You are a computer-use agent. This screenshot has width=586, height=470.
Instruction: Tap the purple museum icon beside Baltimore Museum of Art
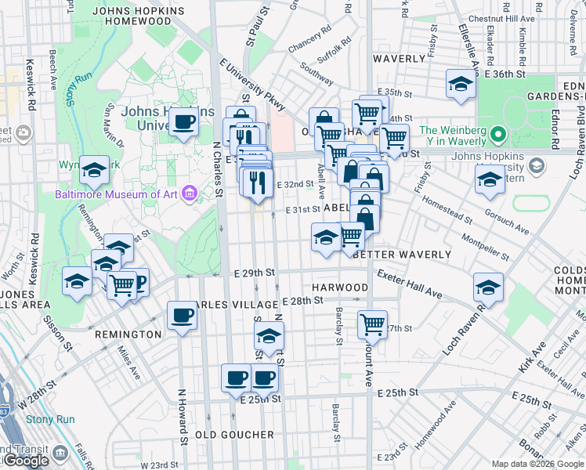click(x=189, y=193)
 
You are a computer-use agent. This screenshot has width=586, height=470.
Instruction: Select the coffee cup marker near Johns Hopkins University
click(x=183, y=122)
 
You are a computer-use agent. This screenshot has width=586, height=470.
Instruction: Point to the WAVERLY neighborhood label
click(x=399, y=59)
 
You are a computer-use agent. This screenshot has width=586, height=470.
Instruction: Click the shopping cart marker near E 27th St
click(x=373, y=323)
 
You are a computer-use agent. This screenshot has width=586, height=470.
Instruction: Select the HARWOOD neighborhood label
click(x=339, y=287)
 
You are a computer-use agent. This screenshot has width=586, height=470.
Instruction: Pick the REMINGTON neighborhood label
click(x=128, y=334)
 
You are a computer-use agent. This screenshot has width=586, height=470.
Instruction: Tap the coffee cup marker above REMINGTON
click(x=182, y=316)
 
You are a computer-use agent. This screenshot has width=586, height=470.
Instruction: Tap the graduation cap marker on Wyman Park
click(x=94, y=170)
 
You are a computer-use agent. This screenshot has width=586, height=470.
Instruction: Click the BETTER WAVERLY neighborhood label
click(x=403, y=255)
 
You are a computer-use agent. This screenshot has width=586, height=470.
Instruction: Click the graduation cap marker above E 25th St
click(x=269, y=337)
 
